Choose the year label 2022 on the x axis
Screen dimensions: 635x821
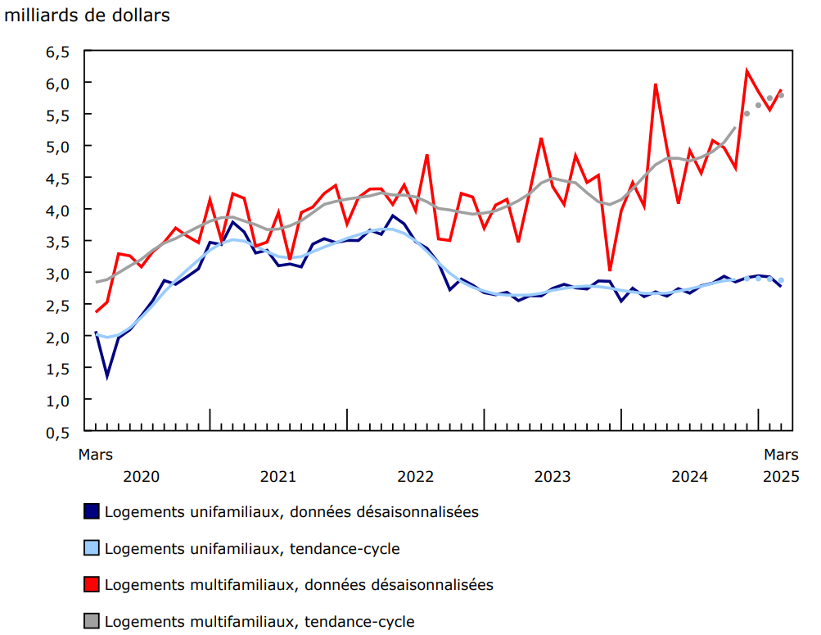(x=415, y=476)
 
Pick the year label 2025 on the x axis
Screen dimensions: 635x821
(x=781, y=476)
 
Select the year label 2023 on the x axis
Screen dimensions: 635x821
(x=552, y=476)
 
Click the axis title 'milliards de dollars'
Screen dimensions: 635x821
(x=88, y=16)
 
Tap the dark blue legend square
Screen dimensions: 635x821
(x=92, y=511)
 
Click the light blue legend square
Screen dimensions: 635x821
(x=92, y=548)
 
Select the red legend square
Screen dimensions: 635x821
(x=92, y=584)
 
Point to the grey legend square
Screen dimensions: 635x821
(x=92, y=622)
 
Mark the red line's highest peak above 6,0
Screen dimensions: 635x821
(x=747, y=70)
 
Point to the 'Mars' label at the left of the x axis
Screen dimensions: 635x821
(x=96, y=454)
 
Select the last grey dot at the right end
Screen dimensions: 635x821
(x=782, y=95)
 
